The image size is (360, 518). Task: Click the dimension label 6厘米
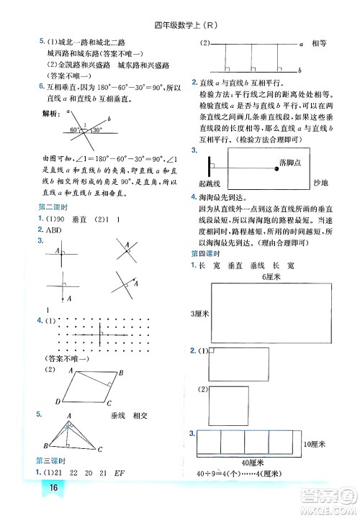click(271, 276)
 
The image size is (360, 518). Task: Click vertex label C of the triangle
click(100, 450)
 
